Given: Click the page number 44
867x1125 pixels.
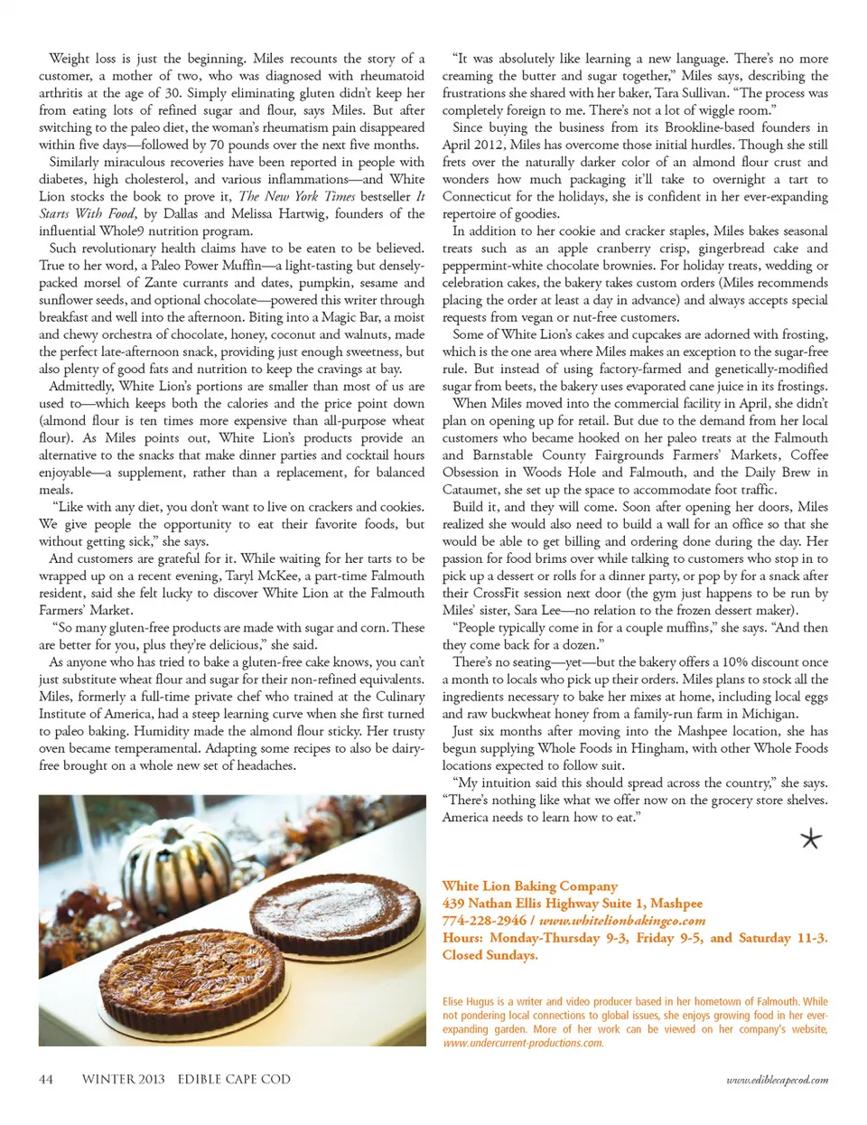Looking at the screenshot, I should click(x=46, y=1079).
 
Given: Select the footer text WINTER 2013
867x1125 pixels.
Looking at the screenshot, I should click(x=123, y=1079).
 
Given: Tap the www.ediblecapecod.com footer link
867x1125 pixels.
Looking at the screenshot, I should click(x=777, y=1080).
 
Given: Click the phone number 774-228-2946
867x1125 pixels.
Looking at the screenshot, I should click(x=484, y=921).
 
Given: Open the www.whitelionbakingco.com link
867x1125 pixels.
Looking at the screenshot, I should click(x=622, y=921).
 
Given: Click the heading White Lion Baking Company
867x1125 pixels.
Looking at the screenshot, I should click(x=530, y=886).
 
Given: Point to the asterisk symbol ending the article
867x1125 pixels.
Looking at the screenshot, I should click(x=811, y=839).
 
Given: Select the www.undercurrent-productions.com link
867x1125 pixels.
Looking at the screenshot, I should click(x=523, y=1043).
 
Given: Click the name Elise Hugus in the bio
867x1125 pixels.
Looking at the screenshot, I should click(x=468, y=1001).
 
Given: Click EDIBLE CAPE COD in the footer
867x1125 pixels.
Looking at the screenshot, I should click(x=234, y=1079).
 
